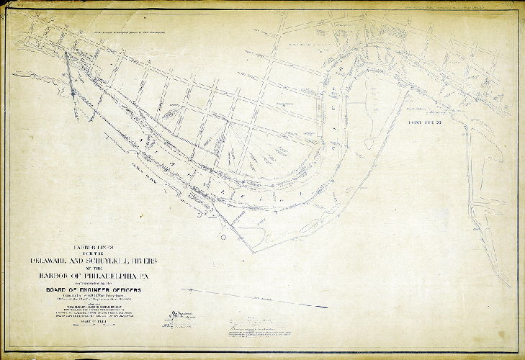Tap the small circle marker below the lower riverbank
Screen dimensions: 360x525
coord(224,236)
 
